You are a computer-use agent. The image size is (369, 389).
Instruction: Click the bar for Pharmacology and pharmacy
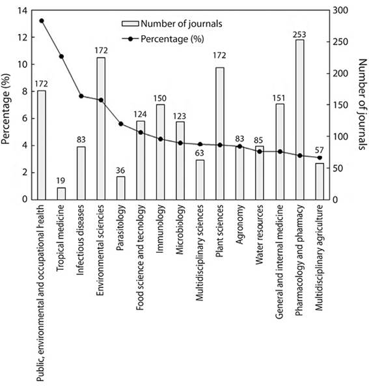coord(299,120)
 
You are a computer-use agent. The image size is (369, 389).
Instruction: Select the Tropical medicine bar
coord(61,194)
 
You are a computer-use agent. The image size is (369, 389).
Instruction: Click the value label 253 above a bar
coord(299,34)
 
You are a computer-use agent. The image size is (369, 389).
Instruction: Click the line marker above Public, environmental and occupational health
coord(42,21)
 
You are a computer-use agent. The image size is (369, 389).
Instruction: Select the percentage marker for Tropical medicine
coord(61,57)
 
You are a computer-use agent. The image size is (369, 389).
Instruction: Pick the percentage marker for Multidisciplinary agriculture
coord(320,158)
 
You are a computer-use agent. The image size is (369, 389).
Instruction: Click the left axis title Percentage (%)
coord(7,106)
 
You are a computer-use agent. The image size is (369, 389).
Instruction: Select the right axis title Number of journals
coord(362,106)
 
